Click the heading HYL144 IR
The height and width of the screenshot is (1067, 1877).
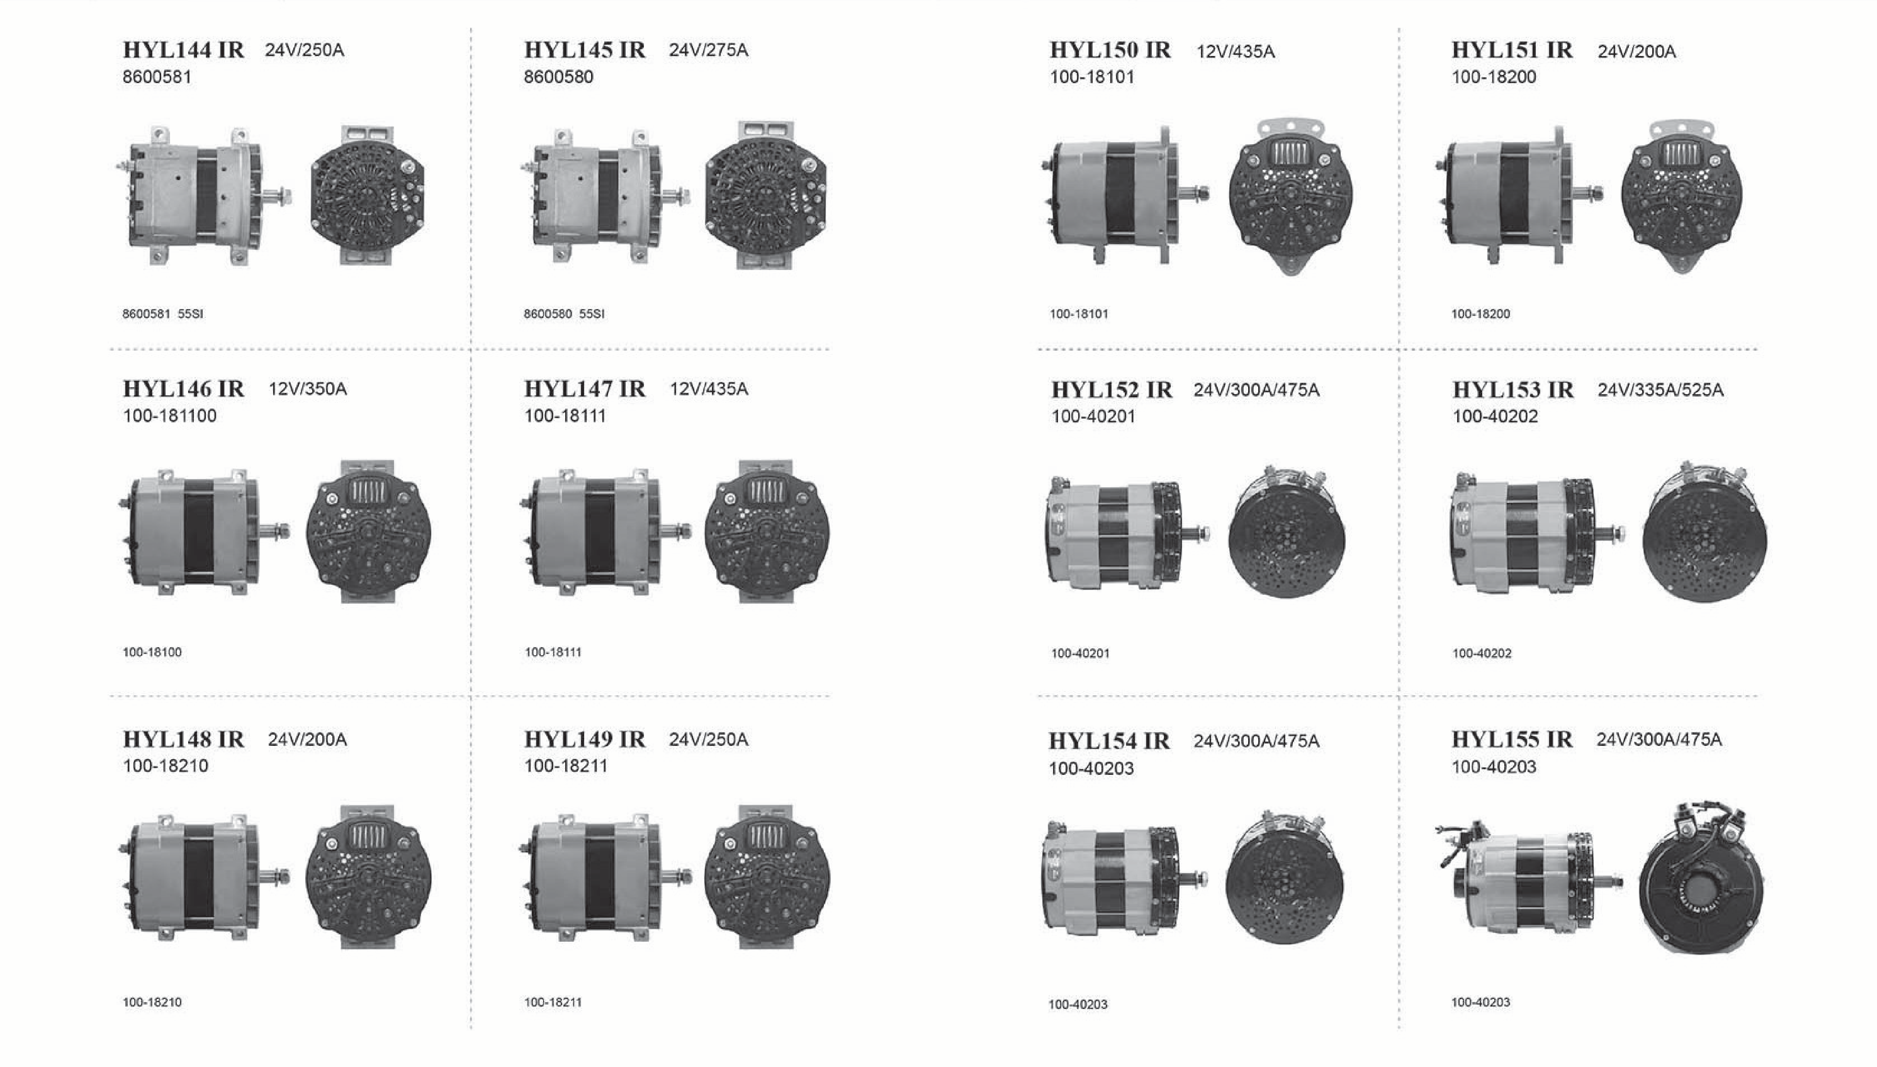tap(183, 50)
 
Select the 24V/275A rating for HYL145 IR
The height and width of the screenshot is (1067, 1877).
tap(708, 50)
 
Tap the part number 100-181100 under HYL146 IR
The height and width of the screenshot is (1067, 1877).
tap(170, 415)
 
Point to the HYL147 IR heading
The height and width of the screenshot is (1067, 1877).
tap(585, 388)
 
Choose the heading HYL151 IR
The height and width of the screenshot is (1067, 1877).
tap(1512, 50)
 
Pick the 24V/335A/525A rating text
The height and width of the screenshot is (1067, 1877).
tap(1660, 390)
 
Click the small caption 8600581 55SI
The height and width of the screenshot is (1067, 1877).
tap(163, 313)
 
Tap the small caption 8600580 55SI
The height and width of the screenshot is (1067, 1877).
tap(564, 313)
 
